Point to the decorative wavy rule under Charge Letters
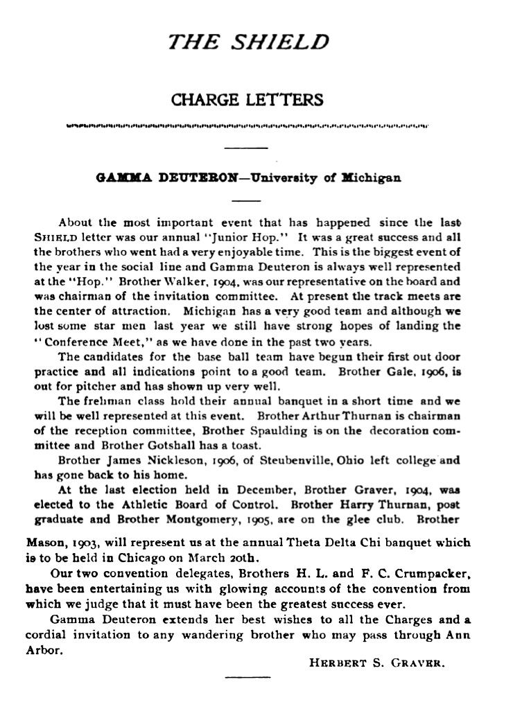tap(246, 126)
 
